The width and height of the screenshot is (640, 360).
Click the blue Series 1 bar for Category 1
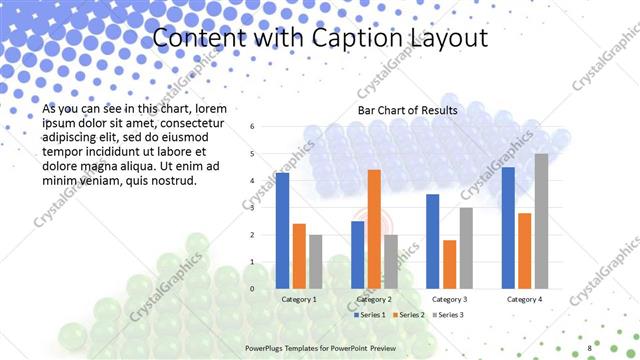[x=282, y=230]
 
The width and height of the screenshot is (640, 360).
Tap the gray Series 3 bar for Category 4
[x=541, y=221]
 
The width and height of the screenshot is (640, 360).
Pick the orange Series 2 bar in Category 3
[x=450, y=264]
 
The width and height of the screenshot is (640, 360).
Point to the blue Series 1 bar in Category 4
[x=508, y=227]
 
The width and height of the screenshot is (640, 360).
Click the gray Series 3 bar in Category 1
[x=316, y=261]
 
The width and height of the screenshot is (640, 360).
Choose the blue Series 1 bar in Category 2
[x=357, y=254]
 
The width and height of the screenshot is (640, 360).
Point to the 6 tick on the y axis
[x=252, y=127]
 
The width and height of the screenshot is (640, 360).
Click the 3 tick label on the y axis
[x=252, y=208]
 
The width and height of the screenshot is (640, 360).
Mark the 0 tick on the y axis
[x=252, y=289]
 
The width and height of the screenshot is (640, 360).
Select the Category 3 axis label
[x=449, y=299]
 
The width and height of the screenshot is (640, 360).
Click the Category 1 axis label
[x=299, y=299]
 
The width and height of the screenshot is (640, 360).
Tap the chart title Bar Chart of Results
[x=408, y=110]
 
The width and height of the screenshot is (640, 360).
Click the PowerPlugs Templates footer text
[x=327, y=349]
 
